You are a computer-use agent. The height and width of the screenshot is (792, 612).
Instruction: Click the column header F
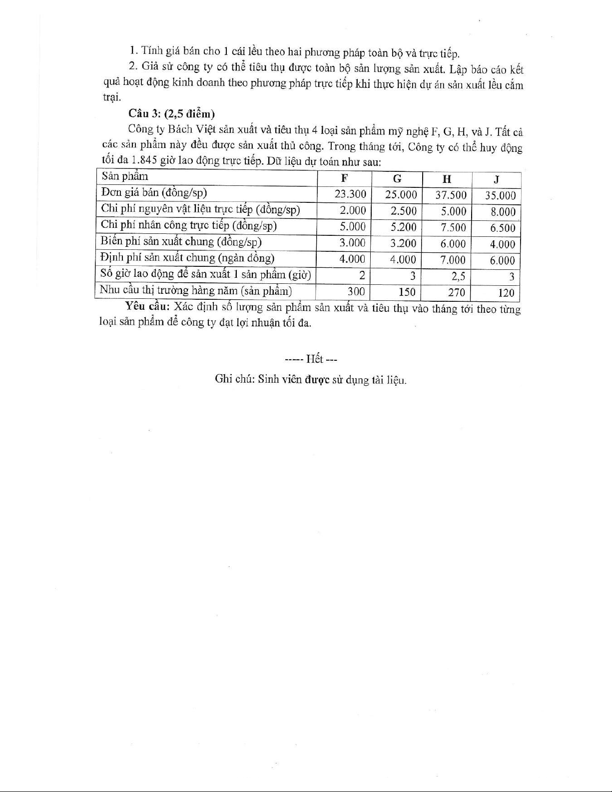(344, 178)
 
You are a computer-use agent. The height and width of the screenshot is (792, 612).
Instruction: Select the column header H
(447, 179)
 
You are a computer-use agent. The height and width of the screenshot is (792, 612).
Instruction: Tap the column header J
(497, 180)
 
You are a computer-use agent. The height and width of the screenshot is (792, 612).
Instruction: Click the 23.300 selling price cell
(350, 194)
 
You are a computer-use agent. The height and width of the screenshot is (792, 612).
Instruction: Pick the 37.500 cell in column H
(451, 195)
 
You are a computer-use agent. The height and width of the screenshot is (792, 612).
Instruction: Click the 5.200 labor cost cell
(404, 227)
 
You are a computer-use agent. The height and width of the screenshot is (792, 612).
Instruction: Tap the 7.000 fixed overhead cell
(453, 260)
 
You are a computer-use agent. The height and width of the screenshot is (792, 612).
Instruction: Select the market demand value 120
(506, 293)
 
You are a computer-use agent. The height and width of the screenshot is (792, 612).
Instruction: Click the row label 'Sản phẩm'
(124, 176)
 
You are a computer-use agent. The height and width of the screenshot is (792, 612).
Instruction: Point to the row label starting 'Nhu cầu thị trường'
(195, 290)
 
